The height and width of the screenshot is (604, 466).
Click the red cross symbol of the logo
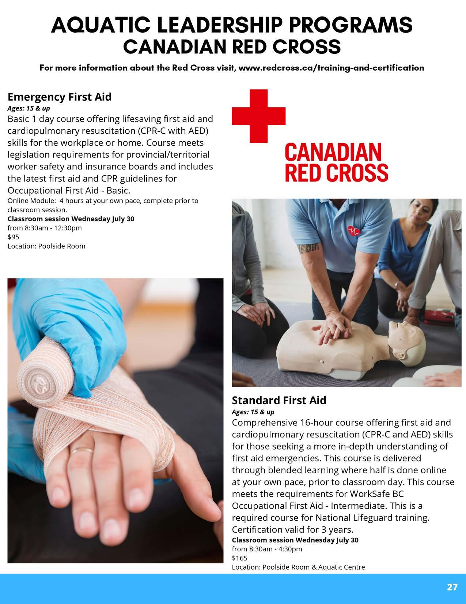coord(258,116)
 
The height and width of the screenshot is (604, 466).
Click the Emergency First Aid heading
coord(59,97)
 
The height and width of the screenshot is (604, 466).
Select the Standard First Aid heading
coord(279,400)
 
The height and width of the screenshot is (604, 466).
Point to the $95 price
coord(13,237)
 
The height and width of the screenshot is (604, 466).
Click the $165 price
coord(239,558)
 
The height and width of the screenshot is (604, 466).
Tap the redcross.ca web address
coord(331,68)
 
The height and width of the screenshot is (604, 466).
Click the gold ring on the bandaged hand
coord(81,451)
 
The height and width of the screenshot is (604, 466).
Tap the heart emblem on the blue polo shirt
coord(354,231)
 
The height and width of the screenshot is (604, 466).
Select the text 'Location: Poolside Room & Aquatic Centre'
coord(298,567)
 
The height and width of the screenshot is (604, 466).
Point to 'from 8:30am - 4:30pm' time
coord(267,549)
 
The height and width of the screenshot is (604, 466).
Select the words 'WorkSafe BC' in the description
coord(376,493)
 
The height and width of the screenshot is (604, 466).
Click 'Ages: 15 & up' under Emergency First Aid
coord(29,108)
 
